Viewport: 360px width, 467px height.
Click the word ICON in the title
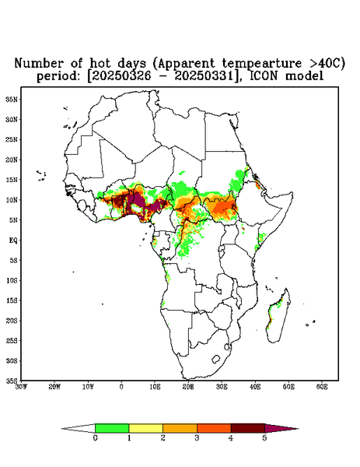coord(264,76)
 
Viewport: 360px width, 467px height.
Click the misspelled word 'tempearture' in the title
coord(262,63)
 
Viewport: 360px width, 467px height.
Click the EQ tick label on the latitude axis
coord(13,240)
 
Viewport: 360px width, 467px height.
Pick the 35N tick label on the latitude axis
coord(12,99)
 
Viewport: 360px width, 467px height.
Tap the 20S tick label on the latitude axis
coord(12,321)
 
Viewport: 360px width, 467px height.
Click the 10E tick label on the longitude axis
coord(155,387)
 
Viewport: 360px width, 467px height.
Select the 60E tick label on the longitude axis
coord(322,387)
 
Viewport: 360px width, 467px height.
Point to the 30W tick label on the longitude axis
coord(21,387)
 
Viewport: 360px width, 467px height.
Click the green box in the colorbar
coord(112,428)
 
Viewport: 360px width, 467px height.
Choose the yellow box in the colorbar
coord(145,428)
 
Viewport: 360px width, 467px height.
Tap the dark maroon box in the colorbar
coord(248,428)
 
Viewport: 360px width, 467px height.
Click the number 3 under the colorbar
coord(197,438)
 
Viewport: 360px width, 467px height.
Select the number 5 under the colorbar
coord(264,438)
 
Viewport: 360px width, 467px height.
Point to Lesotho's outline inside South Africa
coord(215,359)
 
